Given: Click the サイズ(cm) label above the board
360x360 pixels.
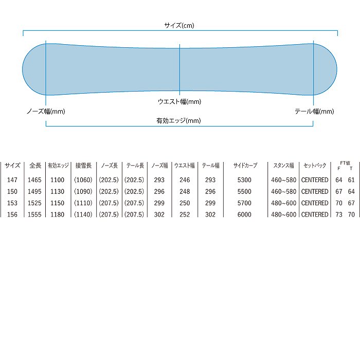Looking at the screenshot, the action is pos(179,25).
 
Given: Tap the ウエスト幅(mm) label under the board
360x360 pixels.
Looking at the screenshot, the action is pos(179,101).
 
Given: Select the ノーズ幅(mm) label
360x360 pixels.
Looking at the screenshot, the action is pos(46,112).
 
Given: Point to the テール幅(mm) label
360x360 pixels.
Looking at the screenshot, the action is pos(314,112).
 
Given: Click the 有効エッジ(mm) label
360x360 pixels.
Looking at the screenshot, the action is pos(178,120).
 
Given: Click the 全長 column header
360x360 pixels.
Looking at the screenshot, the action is pos(35,165).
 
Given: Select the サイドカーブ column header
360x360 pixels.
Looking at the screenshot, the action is pos(245,165).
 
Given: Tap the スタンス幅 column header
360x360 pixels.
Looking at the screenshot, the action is pos(283,165).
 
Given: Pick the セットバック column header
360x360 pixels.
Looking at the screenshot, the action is pos(315,165).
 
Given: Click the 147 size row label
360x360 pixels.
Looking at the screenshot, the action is pos(12,180).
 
